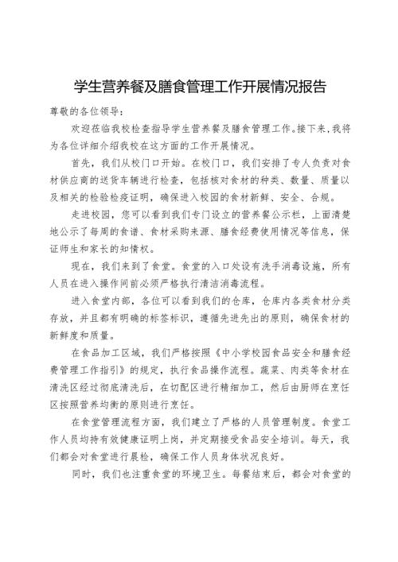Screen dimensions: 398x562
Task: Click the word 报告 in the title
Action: (309, 85)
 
